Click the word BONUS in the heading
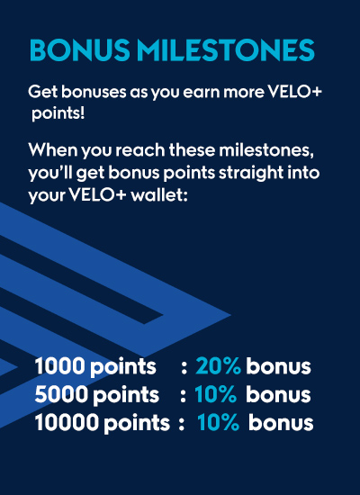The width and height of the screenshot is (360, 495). pos(80,49)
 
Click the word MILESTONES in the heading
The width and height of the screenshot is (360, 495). pos(226,49)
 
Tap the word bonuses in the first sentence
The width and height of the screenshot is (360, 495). pos(94,92)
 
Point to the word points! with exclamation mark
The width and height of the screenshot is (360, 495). pos(58,114)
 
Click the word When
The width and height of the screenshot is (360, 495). pos(53,150)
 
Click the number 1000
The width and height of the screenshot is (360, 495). pos(60,366)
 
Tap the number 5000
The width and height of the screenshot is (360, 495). pos(61,394)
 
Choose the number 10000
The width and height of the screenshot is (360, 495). pos(67,423)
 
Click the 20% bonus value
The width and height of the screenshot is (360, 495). pos(218,366)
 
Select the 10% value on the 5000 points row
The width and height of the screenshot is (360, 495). pos(216,394)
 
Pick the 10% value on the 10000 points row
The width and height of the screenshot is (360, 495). pos(218,423)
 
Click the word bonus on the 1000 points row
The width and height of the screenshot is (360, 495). pos(278,366)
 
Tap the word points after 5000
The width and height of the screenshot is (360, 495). pos(126,396)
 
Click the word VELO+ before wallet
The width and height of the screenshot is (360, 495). pos(98,195)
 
